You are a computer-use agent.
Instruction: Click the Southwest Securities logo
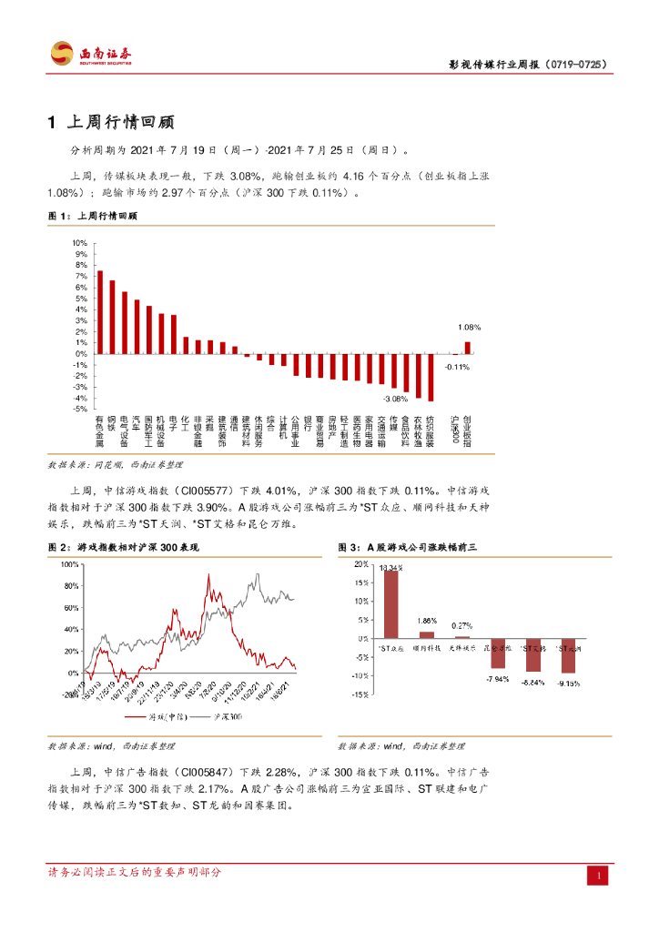(x=91, y=54)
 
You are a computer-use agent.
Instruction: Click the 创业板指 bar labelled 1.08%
(x=468, y=348)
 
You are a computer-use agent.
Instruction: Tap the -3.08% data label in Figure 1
(x=394, y=399)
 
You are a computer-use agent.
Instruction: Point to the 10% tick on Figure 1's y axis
(x=79, y=243)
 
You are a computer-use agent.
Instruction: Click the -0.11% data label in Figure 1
(x=456, y=366)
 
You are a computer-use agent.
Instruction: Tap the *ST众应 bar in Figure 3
(x=390, y=604)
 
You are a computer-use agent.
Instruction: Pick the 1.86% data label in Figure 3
(x=427, y=621)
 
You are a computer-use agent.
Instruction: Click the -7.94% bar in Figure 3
(x=497, y=653)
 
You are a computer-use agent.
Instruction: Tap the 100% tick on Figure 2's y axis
(x=70, y=564)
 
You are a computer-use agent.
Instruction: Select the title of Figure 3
(x=408, y=548)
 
